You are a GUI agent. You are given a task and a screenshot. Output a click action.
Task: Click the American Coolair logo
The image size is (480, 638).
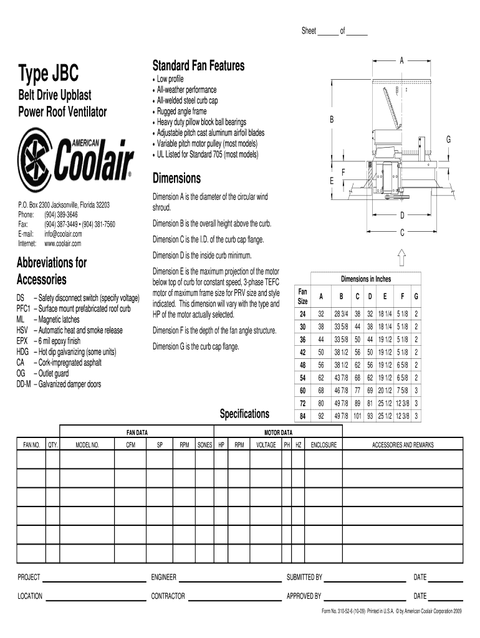tap(75, 159)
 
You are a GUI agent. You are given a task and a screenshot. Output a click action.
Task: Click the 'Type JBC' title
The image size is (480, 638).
tap(49, 75)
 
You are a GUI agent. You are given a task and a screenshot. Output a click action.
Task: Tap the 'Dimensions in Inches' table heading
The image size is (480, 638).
tap(365, 279)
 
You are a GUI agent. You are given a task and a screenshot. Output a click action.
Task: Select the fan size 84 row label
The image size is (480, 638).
tap(303, 417)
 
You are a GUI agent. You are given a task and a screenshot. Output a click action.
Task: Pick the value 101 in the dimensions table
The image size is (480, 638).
tap(357, 417)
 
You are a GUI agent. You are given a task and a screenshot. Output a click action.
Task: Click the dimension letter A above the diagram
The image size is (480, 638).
tap(402, 60)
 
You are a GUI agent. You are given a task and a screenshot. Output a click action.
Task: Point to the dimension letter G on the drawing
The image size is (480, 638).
tap(448, 140)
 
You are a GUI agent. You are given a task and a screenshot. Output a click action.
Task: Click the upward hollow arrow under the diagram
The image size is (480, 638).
tap(402, 257)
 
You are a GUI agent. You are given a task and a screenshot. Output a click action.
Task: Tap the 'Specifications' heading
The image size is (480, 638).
tap(245, 414)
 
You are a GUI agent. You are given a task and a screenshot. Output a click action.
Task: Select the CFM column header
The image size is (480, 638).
tap(131, 445)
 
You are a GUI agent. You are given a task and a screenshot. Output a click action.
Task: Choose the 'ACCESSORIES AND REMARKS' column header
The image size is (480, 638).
tap(403, 445)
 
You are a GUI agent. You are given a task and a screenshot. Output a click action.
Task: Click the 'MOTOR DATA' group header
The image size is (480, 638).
tap(278, 432)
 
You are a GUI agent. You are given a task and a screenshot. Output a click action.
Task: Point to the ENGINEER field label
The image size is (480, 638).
tap(164, 577)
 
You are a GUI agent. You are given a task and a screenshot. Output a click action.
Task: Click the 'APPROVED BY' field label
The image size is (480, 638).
tap(304, 596)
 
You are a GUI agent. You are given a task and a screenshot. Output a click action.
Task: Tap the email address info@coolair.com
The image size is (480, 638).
tap(63, 234)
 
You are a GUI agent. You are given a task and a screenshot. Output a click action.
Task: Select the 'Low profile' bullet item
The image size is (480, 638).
tap(170, 79)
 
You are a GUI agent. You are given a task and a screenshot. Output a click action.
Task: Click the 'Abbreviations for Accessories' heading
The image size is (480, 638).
tap(51, 270)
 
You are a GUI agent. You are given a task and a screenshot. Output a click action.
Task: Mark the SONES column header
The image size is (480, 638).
tap(204, 445)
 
